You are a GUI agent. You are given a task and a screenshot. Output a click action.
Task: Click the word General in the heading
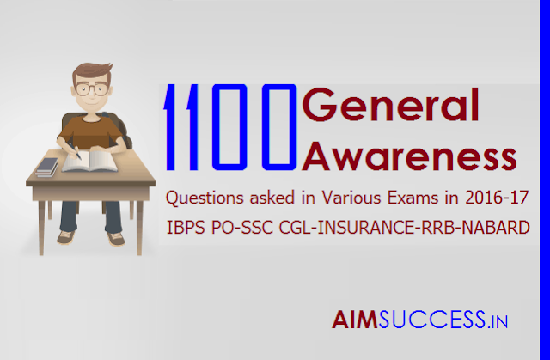point(390,105)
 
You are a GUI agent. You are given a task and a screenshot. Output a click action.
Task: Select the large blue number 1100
point(230,127)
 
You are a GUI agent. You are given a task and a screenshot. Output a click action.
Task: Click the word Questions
point(205,198)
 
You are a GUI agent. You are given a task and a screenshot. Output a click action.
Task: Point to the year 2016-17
point(497,198)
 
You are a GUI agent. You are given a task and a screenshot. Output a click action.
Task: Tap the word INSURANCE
point(365,228)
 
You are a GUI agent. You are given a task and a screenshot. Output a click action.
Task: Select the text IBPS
point(186,228)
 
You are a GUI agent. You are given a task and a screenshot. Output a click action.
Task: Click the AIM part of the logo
point(355,320)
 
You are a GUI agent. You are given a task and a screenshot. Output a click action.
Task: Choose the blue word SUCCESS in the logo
point(432,320)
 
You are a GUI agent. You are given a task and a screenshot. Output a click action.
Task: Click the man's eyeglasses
point(91,89)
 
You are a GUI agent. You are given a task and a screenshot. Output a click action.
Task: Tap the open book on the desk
point(89,161)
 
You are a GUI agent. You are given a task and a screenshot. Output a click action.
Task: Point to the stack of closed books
point(46,168)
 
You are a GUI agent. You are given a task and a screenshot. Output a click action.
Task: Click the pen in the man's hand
point(75,150)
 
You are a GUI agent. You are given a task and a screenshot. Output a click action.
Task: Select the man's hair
point(92,72)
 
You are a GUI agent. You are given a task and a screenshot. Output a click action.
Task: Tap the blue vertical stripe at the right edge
point(545,180)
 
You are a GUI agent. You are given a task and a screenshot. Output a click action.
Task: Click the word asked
point(272,198)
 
